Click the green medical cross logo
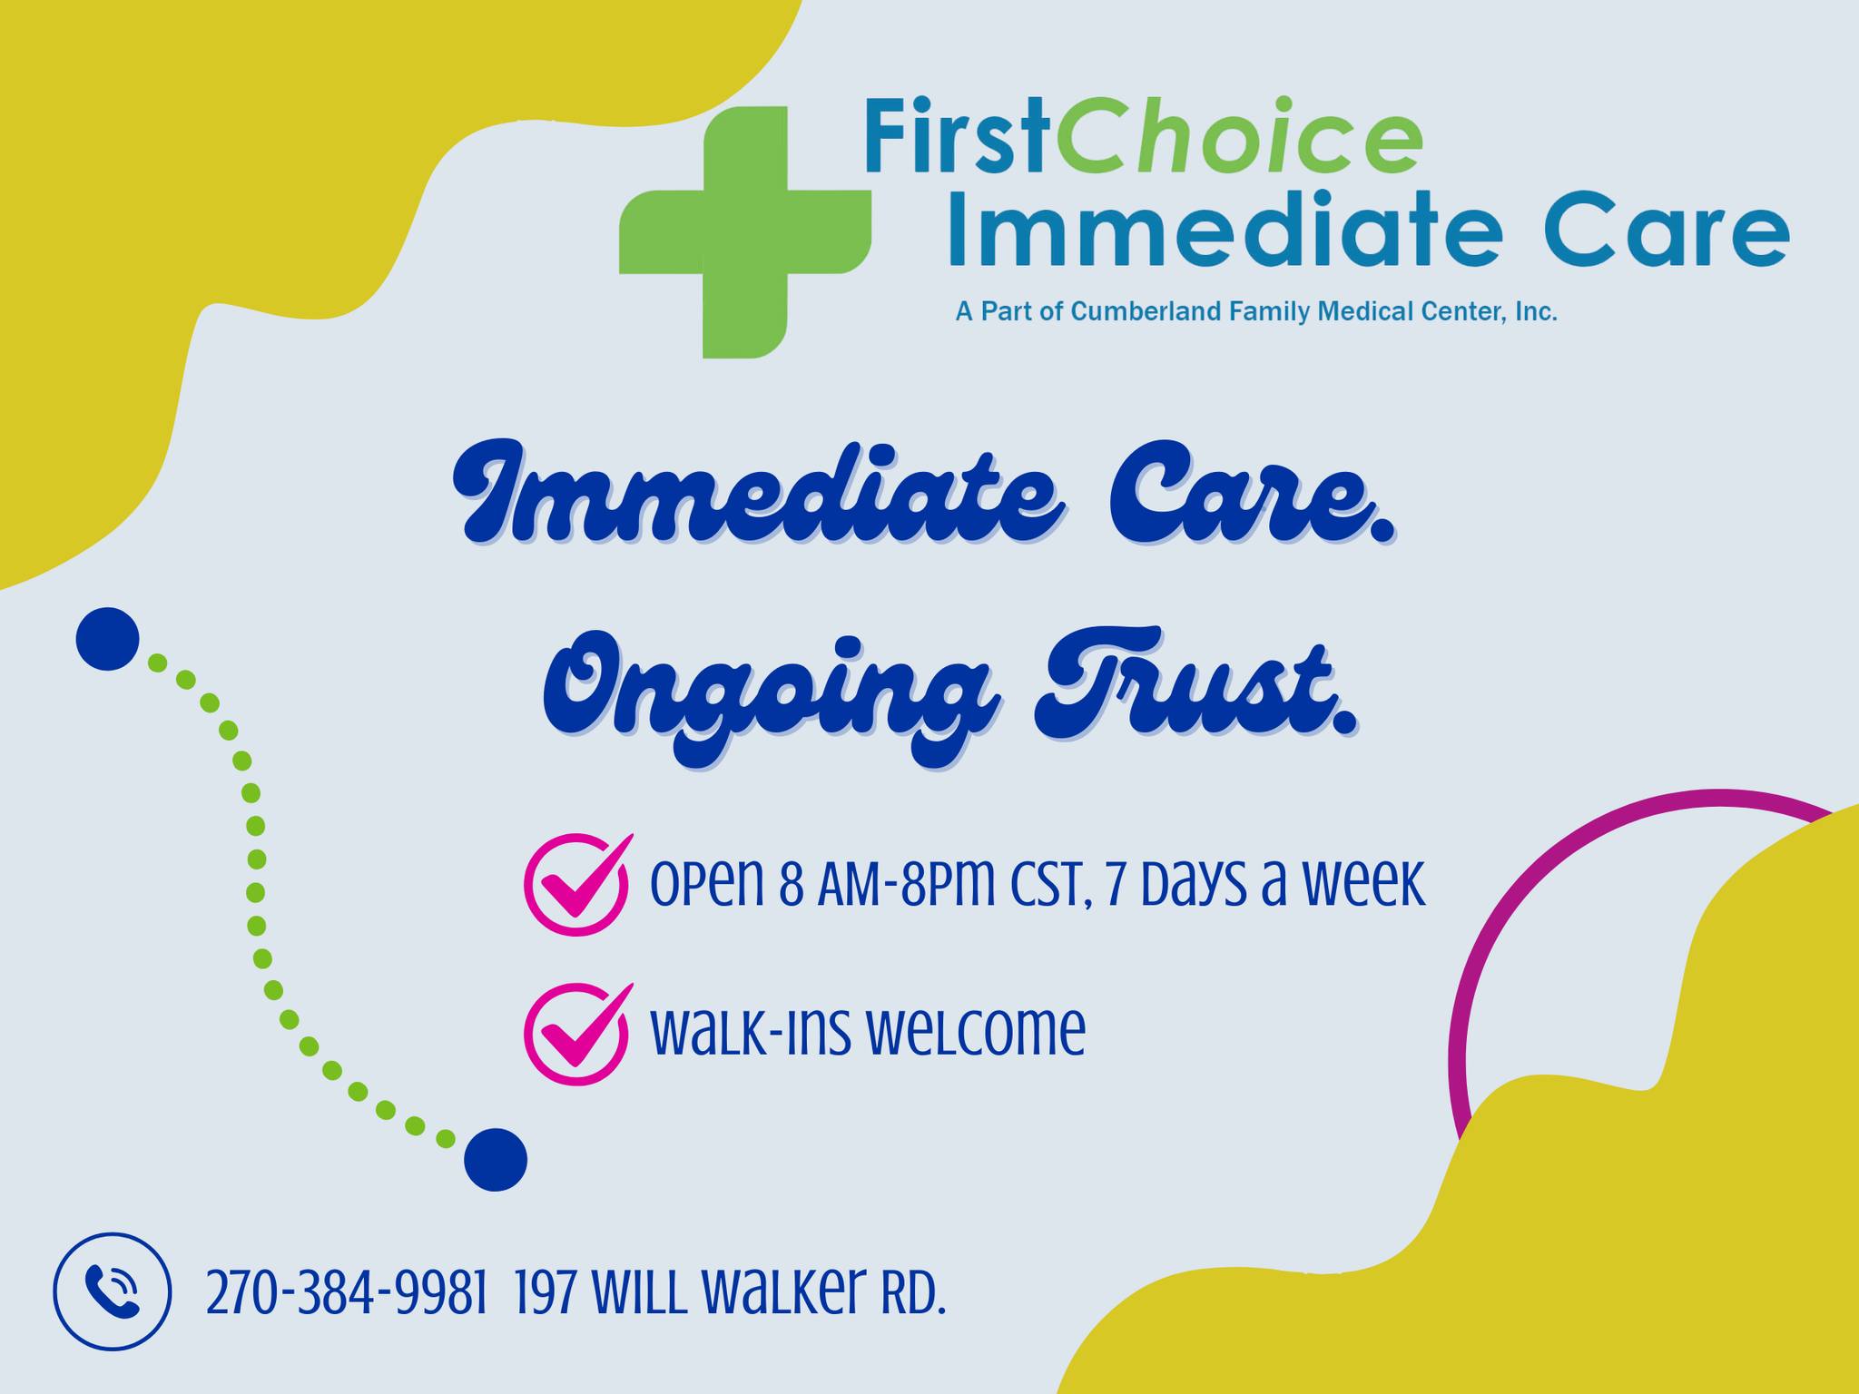[744, 232]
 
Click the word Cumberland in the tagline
[1146, 312]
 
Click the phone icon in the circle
[112, 1291]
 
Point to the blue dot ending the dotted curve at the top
[107, 639]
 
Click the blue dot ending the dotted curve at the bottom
[496, 1160]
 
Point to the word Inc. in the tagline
[1535, 312]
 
